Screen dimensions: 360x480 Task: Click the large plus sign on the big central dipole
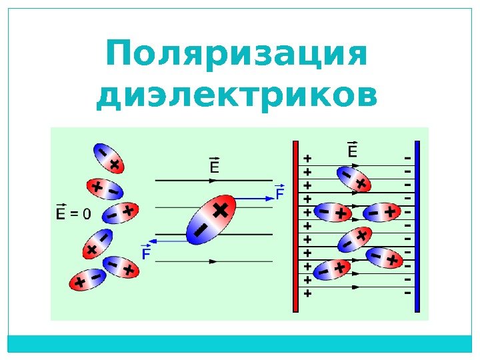pos(221,211)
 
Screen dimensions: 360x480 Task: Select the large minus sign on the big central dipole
pos(200,231)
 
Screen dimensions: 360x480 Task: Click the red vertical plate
pos(295,226)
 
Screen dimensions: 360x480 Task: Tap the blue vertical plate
pos(417,226)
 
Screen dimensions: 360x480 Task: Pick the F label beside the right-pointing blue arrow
pos(280,193)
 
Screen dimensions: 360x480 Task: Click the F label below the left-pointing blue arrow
pos(145,254)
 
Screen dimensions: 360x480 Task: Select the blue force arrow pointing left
pos(167,241)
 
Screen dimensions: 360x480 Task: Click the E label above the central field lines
pos(215,165)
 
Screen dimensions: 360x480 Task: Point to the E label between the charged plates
pos(353,151)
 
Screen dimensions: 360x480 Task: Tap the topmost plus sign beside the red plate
pos(307,159)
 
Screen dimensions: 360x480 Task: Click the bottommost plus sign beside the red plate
pos(307,293)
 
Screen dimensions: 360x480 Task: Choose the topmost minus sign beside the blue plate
pos(406,159)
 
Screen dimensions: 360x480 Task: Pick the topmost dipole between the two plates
pos(353,179)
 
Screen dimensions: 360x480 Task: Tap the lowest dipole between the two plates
pos(331,269)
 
